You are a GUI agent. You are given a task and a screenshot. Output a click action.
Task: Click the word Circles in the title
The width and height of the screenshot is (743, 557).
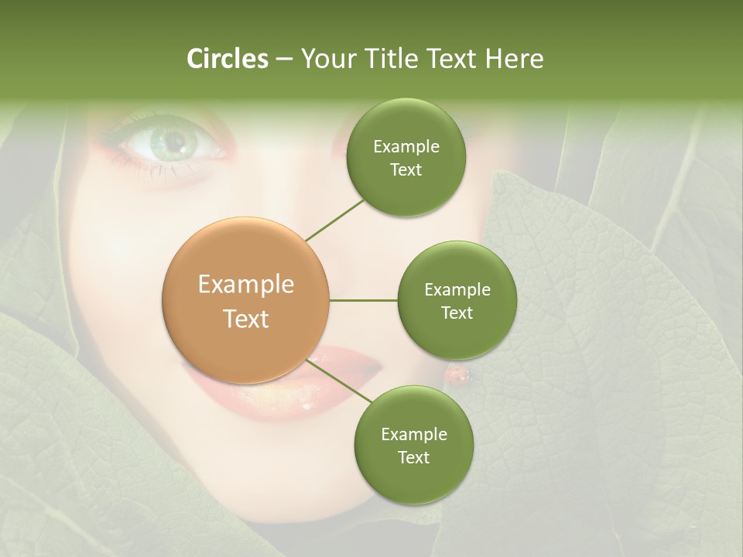pyautogui.click(x=228, y=59)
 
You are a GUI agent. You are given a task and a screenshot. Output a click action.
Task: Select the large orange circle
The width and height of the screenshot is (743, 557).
pyautogui.click(x=246, y=300)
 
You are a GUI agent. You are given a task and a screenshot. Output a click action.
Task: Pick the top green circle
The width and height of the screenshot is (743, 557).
pyautogui.click(x=406, y=158)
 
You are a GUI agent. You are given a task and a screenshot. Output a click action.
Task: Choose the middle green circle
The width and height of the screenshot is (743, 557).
pyautogui.click(x=457, y=300)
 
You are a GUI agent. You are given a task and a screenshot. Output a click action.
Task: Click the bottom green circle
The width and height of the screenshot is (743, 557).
pyautogui.click(x=413, y=446)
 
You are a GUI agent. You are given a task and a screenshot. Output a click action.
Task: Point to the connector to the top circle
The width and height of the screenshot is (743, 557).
pyautogui.click(x=334, y=219)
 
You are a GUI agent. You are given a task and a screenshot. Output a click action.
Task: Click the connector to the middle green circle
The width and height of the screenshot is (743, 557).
pyautogui.click(x=363, y=300)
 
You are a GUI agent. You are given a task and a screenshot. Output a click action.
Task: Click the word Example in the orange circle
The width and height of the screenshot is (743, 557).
pyautogui.click(x=246, y=285)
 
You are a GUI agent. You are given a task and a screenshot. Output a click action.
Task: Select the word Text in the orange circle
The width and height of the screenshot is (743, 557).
pyautogui.click(x=246, y=319)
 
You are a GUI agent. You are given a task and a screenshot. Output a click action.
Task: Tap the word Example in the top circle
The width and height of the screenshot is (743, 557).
pyautogui.click(x=406, y=147)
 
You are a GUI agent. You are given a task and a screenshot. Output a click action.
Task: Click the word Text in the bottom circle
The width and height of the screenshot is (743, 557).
pyautogui.click(x=413, y=458)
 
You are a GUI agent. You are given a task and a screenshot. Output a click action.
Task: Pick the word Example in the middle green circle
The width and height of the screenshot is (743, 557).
pyautogui.click(x=457, y=290)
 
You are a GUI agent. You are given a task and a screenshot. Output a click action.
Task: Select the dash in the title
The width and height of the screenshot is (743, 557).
pyautogui.click(x=283, y=60)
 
